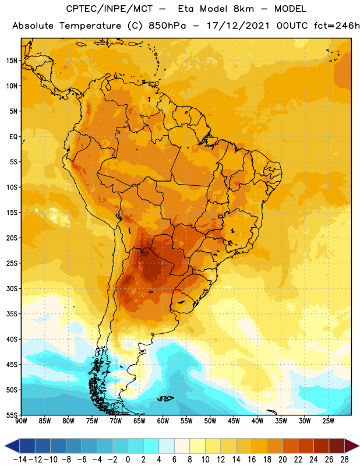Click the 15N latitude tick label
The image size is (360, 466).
tap(12, 61)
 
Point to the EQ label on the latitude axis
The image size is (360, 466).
tap(13, 137)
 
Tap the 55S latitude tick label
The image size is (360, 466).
tap(12, 415)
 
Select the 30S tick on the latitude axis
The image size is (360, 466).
tap(12, 288)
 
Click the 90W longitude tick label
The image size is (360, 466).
tap(21, 421)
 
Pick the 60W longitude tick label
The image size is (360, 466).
tap(163, 421)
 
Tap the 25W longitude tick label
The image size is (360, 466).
tap(328, 421)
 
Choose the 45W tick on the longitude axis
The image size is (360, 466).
tap(234, 421)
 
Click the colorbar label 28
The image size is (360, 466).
tap(344, 460)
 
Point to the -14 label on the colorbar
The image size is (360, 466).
tap(20, 460)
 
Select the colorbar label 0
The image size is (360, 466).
tap(128, 460)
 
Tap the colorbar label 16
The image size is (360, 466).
tap(252, 460)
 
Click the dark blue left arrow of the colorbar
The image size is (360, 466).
tap(12, 446)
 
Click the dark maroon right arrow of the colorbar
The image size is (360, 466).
tap(352, 446)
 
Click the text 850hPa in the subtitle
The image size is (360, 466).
tap(167, 26)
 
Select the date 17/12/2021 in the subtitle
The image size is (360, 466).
tap(238, 26)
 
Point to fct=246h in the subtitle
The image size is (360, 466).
tap(337, 26)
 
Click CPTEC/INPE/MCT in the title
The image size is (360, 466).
tap(109, 9)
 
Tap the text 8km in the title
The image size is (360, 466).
tap(243, 9)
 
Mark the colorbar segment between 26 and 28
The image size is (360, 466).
tap(337, 446)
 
